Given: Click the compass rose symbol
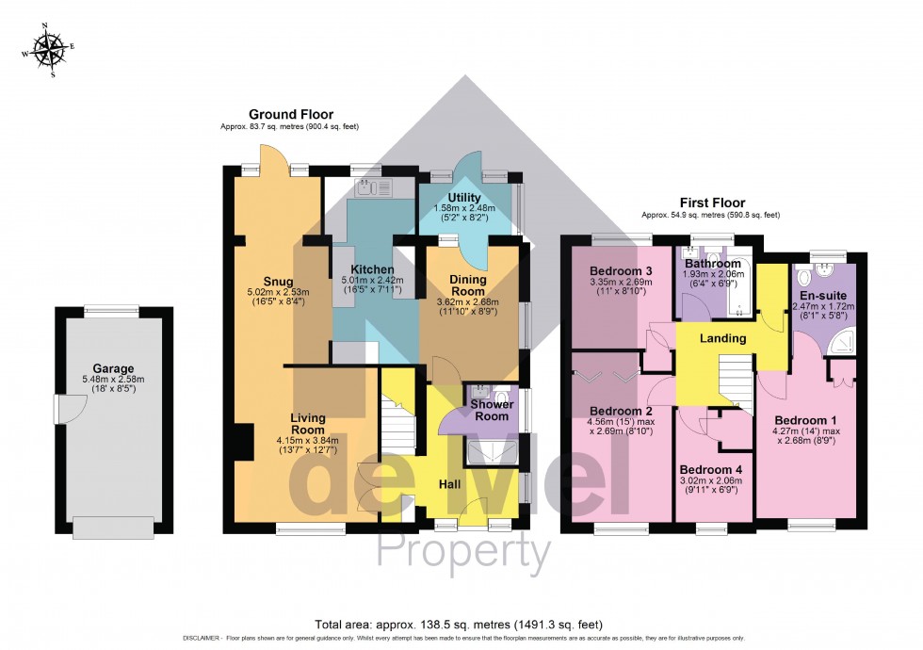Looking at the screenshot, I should (x=46, y=51).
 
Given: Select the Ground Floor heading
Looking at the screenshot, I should (x=290, y=114).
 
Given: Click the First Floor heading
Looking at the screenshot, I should (x=711, y=203).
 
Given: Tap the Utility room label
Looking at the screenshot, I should (x=464, y=196).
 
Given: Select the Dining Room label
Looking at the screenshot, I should (x=468, y=285).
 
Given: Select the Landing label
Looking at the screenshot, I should (x=723, y=338).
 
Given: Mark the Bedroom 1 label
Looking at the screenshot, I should (x=805, y=419).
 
